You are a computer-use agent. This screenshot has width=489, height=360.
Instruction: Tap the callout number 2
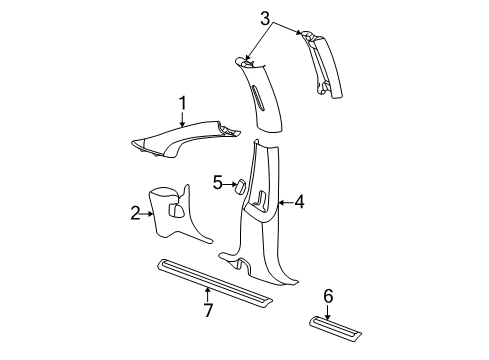[134, 212]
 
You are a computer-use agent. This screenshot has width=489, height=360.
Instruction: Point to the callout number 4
[299, 203]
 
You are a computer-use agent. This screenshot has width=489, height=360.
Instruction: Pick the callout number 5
[218, 182]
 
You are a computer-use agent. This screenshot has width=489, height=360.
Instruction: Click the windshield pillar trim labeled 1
[185, 137]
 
